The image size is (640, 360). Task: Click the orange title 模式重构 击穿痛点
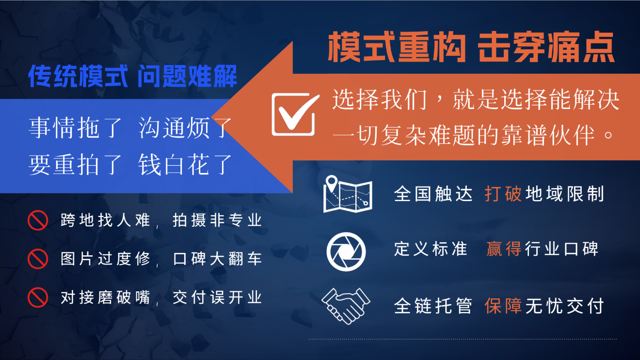pos(471,47)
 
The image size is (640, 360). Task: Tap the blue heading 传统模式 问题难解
pos(132,76)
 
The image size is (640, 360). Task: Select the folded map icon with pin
pos(348,194)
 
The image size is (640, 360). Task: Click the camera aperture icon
pos(346,251)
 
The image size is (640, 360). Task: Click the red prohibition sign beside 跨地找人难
pos(38,220)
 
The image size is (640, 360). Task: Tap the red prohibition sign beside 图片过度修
pos(38,259)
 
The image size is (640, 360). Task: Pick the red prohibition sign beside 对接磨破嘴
pos(38,297)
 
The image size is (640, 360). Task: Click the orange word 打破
pos(503,194)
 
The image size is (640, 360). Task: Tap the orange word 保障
pos(503,306)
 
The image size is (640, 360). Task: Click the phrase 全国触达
pos(433,194)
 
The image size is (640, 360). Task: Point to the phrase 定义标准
pos(431,249)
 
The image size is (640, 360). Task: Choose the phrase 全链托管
pos(433,306)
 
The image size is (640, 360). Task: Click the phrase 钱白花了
pos(185,164)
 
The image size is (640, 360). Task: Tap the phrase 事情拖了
pos(75,127)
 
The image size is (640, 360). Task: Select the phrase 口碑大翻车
pos(217,259)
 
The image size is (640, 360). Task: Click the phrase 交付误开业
pos(217,297)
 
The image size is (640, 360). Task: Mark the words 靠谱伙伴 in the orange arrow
pos(548,135)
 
